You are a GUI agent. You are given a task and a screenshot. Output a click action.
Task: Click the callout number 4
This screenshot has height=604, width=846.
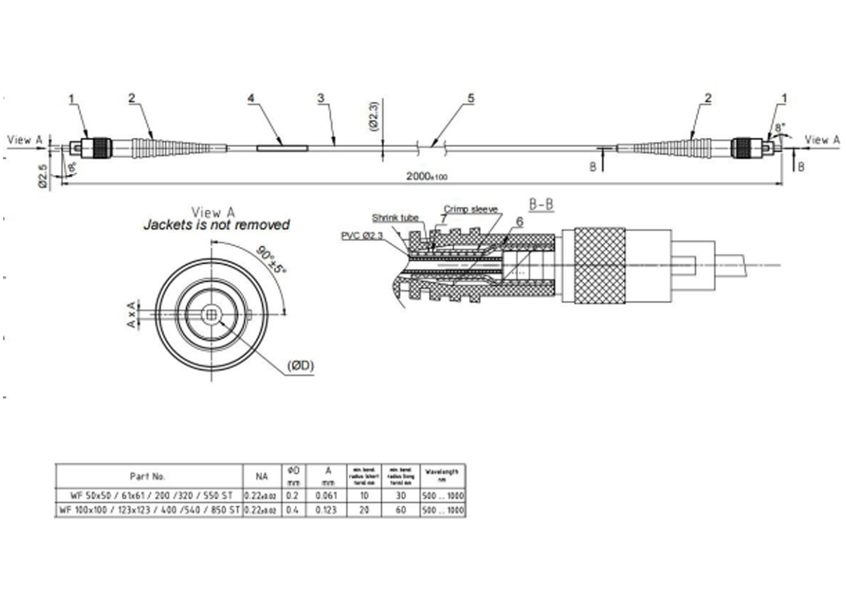click(x=251, y=98)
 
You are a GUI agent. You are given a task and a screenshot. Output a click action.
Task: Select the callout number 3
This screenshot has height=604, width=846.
click(x=321, y=98)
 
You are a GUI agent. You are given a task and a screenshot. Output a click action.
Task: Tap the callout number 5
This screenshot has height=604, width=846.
click(x=471, y=98)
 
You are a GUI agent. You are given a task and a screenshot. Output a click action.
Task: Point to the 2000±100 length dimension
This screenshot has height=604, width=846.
click(x=427, y=176)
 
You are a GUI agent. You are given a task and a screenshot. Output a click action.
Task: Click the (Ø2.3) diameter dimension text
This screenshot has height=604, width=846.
click(x=373, y=116)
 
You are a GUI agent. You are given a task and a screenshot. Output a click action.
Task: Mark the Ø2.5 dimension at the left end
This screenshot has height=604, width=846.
click(x=43, y=175)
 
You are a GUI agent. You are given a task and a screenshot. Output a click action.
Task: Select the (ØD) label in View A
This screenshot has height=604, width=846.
click(x=300, y=365)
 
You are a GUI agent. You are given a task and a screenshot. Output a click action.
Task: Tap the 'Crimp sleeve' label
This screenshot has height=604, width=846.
click(x=471, y=209)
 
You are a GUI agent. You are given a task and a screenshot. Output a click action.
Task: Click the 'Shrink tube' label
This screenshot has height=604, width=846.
click(x=395, y=218)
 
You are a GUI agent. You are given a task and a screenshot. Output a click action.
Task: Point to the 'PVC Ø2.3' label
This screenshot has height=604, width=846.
click(x=362, y=236)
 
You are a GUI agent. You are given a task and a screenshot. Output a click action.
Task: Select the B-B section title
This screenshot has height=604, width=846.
click(x=541, y=204)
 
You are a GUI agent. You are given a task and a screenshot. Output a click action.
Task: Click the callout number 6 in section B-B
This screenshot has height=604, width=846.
click(x=520, y=222)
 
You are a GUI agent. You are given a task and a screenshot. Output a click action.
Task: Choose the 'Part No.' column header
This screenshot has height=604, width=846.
click(x=147, y=477)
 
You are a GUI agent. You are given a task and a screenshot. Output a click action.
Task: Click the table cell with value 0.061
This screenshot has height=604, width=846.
click(x=326, y=495)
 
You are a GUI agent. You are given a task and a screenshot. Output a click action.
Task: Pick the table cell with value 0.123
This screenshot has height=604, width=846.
click(x=326, y=510)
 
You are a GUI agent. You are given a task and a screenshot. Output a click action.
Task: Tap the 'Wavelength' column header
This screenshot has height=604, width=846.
click(x=442, y=475)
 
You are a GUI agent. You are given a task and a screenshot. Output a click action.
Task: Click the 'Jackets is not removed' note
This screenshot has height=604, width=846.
click(x=216, y=225)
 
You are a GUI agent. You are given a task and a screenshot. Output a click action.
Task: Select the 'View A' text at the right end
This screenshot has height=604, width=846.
click(x=822, y=140)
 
